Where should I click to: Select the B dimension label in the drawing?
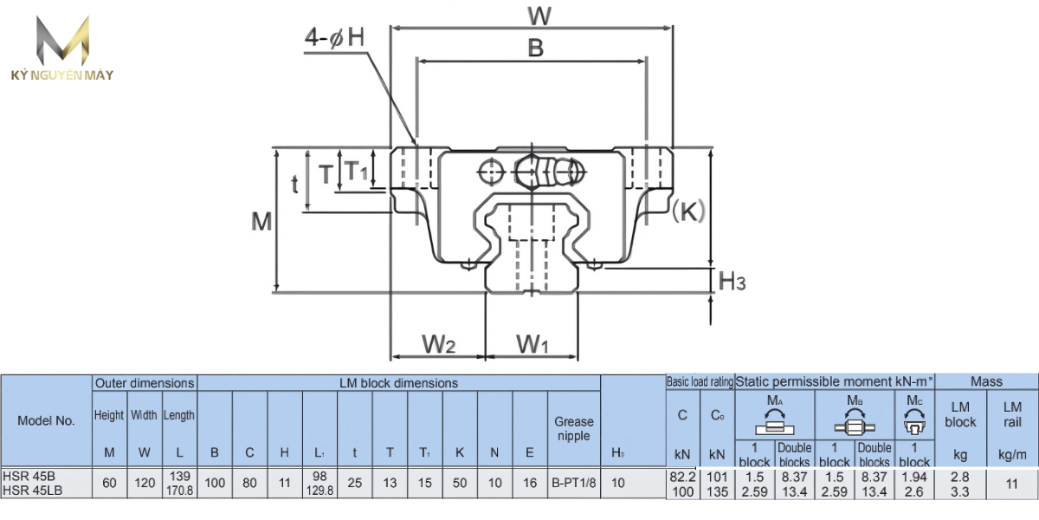[536, 49]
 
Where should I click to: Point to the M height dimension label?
[261, 222]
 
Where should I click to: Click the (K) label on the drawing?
[688, 211]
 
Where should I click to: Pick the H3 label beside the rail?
[732, 281]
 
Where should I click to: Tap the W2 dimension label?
[438, 344]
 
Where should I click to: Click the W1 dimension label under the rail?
[532, 344]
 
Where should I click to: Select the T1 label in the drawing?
[356, 171]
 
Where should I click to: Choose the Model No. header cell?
[46, 419]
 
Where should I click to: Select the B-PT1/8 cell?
[574, 484]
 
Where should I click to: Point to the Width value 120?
[145, 484]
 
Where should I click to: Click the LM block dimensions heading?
[398, 382]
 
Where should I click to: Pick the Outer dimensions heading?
[145, 382]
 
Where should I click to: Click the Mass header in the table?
[986, 381]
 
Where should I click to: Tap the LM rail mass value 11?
[1012, 484]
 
